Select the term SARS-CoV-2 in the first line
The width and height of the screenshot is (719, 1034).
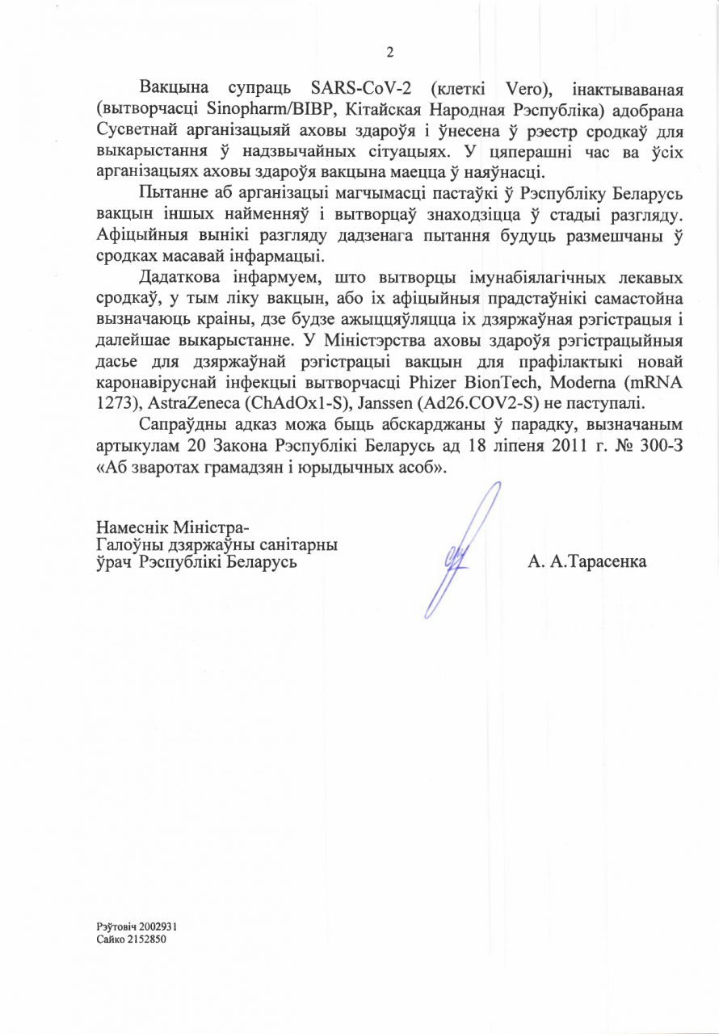tap(357, 87)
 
